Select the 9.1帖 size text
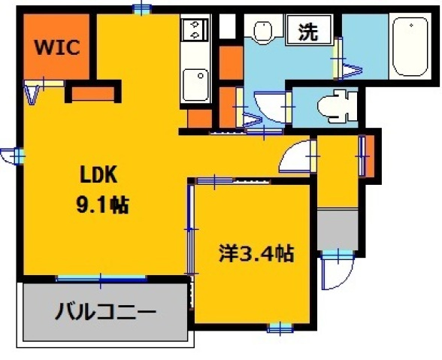[102, 204]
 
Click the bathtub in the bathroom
[410, 45]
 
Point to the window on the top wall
[141, 8]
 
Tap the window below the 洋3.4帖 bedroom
[278, 328]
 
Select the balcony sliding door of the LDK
[101, 278]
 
